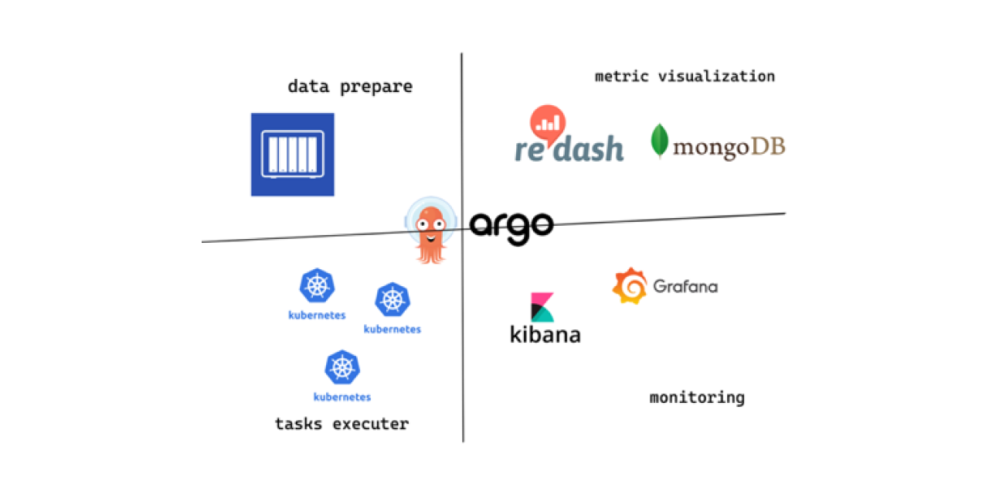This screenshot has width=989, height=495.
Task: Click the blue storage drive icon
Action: pos(292,154)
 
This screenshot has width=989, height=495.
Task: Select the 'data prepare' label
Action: pos(350,87)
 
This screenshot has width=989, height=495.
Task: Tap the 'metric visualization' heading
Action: pos(685,77)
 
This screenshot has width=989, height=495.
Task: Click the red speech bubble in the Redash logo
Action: pos(548,122)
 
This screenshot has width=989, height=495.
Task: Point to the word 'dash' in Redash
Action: pos(588,148)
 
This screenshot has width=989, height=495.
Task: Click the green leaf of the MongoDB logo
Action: pos(659,142)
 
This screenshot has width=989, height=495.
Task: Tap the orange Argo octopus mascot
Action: pos(430,231)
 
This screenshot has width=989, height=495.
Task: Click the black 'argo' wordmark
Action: pos(511,225)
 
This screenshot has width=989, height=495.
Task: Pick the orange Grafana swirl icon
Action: pos(629,286)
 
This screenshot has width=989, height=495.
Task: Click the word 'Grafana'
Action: pos(685,286)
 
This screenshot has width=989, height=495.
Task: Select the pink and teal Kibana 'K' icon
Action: pos(542,307)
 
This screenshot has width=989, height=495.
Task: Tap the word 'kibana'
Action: pos(545,334)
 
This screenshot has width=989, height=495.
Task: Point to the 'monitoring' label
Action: pos(697,398)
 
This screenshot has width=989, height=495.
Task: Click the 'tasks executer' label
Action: pos(342,424)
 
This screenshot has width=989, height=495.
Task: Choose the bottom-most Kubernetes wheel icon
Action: pos(342,368)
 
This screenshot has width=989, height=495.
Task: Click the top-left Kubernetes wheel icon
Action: pos(317,286)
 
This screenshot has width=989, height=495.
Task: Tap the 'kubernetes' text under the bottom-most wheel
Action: pos(342,398)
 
